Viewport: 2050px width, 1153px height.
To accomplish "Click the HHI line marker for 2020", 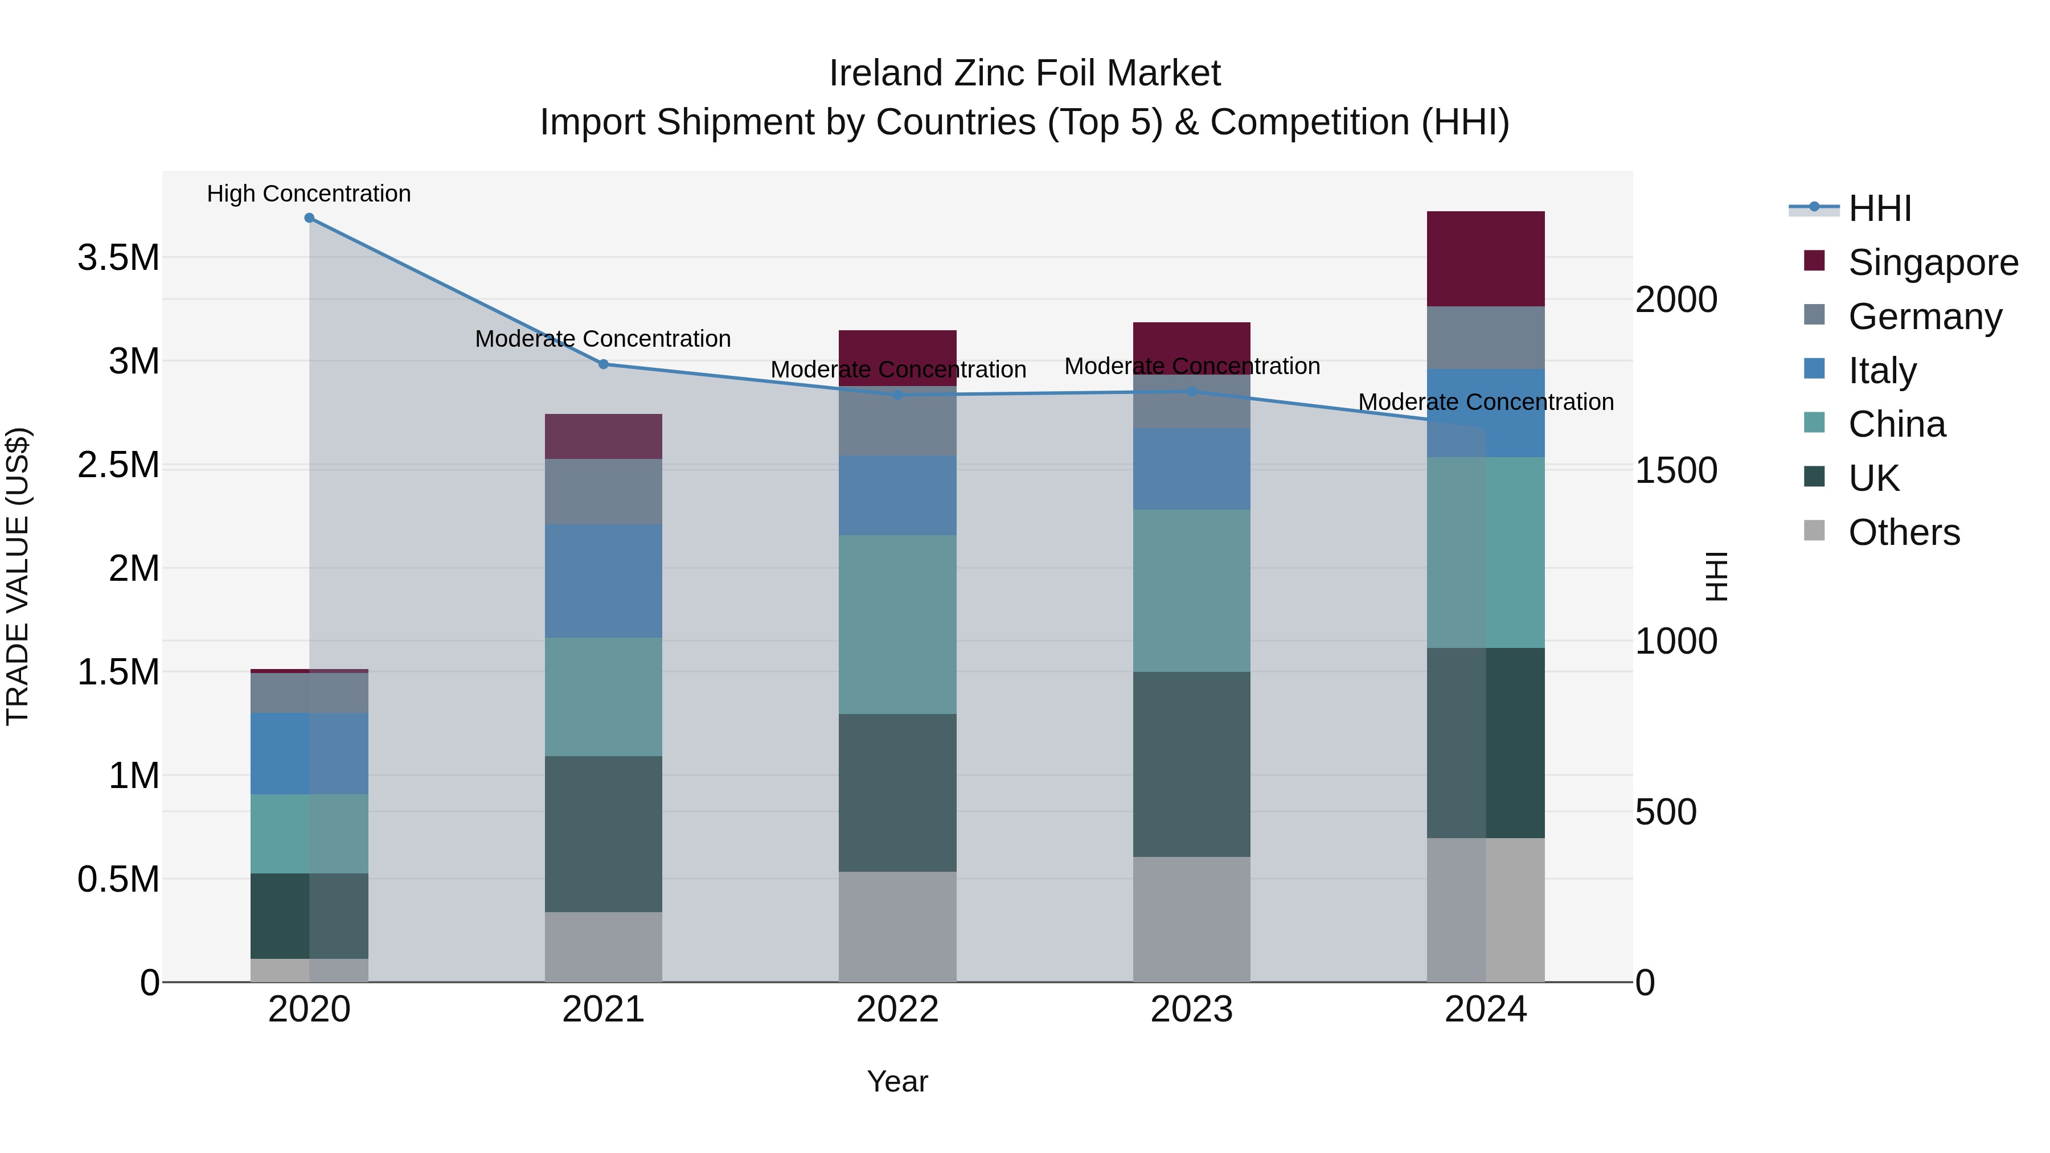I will (x=310, y=218).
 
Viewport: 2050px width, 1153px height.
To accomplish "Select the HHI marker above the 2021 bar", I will (x=603, y=364).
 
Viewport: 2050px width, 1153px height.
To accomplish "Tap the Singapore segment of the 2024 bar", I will (x=1485, y=258).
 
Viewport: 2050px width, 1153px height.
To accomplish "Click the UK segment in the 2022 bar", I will (x=897, y=793).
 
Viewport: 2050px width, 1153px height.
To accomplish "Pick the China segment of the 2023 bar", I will (x=1191, y=590).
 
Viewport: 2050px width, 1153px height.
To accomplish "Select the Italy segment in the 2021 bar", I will (x=603, y=581).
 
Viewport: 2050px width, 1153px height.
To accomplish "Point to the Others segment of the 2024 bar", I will (x=1485, y=909).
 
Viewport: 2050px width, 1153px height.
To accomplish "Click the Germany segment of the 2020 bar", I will (x=310, y=692).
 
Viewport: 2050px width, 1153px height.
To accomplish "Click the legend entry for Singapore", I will (x=1932, y=262).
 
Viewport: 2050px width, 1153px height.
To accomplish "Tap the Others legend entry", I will (x=1904, y=532).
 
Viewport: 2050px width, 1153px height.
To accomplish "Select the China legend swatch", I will (x=1814, y=422).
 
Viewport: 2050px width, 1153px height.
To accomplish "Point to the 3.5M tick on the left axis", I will (x=118, y=258).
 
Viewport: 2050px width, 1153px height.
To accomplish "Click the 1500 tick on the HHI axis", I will (x=1676, y=470).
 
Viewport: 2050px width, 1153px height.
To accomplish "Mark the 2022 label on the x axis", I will (x=897, y=1010).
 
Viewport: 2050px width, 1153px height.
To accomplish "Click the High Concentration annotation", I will (x=309, y=194).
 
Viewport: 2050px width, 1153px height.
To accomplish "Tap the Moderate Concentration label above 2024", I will (x=1485, y=402).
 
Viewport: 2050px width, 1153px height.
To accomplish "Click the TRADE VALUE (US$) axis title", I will (x=18, y=576).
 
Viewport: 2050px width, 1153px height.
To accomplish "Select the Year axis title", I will (x=897, y=1081).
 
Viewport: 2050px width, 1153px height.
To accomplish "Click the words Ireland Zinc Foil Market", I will (x=1024, y=73).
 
